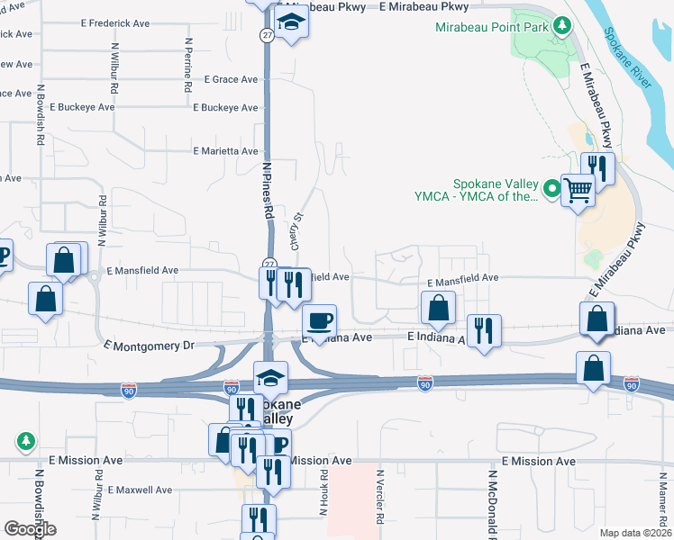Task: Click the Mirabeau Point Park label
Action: point(491,27)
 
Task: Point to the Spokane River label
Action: point(629,59)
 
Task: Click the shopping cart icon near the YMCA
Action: point(578,189)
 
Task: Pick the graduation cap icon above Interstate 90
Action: point(269,378)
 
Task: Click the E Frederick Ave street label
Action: point(115,23)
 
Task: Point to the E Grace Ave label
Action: point(232,79)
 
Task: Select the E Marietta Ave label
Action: point(224,151)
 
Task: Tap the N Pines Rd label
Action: point(268,190)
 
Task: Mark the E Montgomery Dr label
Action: point(149,346)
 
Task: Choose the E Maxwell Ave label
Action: point(139,490)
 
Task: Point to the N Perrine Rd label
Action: point(189,66)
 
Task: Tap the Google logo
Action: point(30,529)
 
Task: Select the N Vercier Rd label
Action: point(380,496)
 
